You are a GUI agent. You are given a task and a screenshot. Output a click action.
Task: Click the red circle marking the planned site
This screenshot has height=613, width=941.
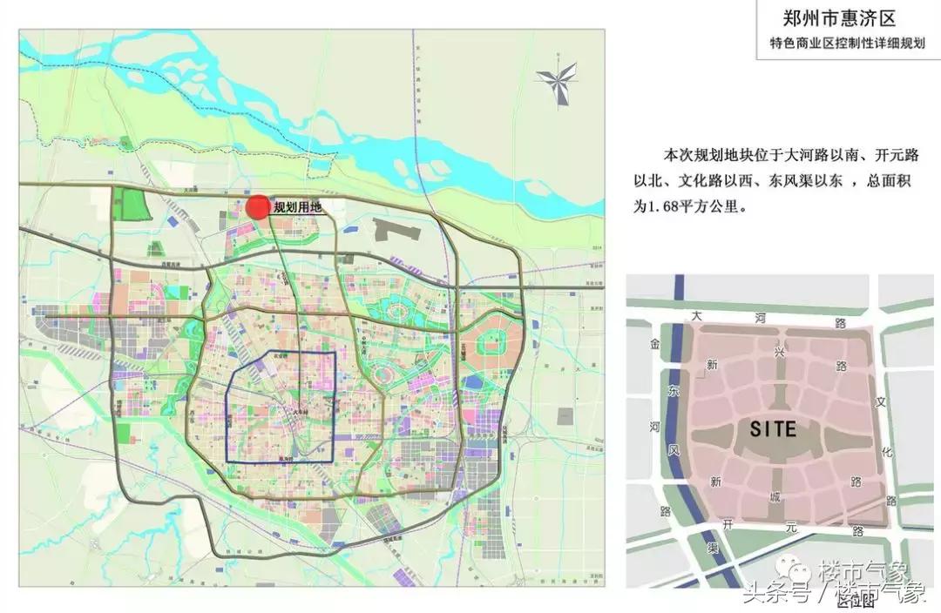coord(257,207)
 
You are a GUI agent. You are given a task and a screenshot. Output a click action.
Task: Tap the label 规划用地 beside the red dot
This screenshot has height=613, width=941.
coord(298,207)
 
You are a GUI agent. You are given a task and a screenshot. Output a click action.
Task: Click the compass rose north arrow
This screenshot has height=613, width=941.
coord(557,79)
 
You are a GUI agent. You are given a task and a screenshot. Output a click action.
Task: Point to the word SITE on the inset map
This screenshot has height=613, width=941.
coord(772,428)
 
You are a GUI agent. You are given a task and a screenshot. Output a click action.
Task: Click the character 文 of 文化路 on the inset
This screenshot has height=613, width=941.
coord(881,402)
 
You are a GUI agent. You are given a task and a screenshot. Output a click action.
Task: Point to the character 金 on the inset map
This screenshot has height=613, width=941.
coord(655,346)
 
